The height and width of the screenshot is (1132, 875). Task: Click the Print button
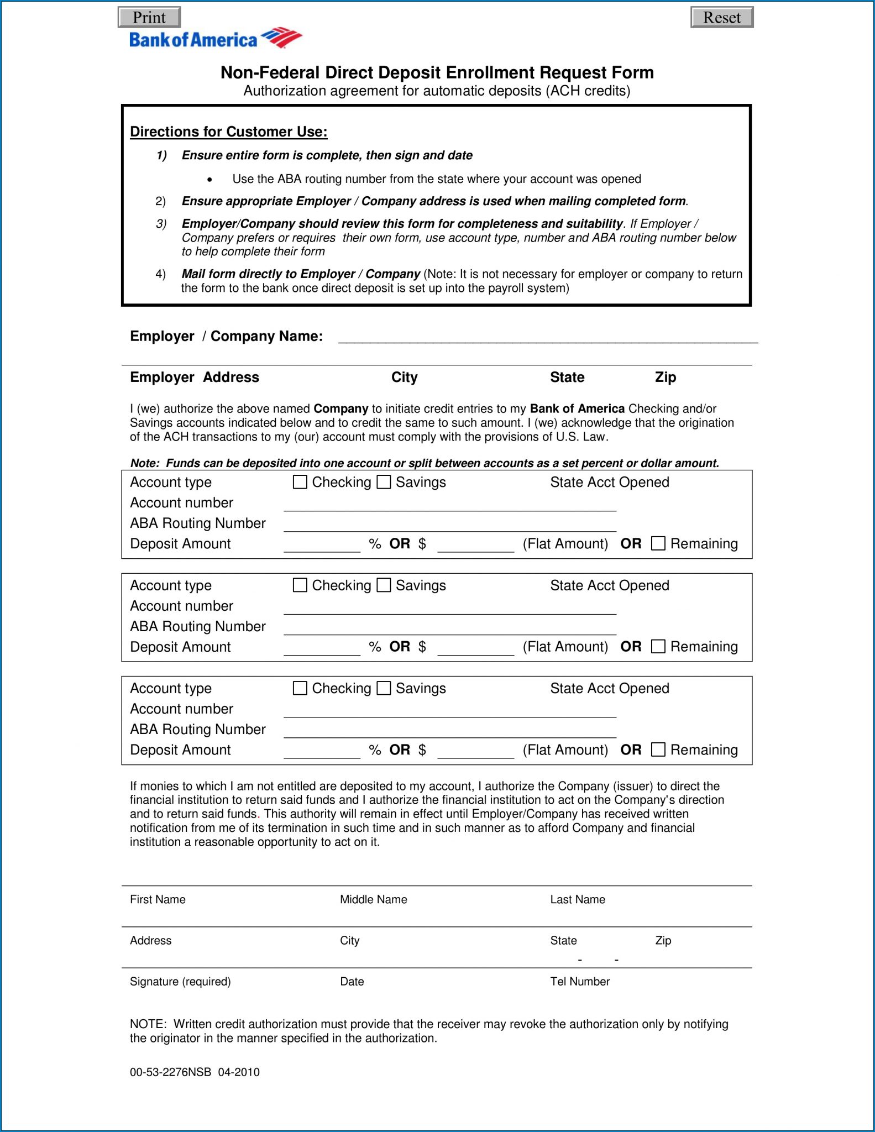point(149,17)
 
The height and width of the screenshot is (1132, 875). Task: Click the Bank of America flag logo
point(281,38)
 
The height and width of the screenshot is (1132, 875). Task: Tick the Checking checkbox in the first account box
point(300,482)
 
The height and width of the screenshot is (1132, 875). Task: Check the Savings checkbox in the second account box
point(384,585)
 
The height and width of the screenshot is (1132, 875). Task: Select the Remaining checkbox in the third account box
point(658,750)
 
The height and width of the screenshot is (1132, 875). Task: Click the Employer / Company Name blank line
point(547,337)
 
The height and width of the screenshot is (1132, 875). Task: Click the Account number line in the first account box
point(449,504)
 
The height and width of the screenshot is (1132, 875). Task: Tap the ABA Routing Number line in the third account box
point(449,731)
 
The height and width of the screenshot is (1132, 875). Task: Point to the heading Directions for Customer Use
point(228,132)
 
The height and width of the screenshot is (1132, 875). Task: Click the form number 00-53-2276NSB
point(170,1072)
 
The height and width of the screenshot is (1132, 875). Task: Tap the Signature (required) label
point(180,981)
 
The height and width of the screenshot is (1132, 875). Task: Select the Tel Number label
point(579,981)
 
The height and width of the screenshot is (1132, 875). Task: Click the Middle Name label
point(373,899)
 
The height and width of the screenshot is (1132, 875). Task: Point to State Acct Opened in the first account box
point(609,482)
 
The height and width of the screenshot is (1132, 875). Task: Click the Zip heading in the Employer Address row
point(665,377)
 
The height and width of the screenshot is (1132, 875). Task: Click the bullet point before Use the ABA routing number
point(209,180)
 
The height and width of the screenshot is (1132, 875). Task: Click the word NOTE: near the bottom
point(148,1024)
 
